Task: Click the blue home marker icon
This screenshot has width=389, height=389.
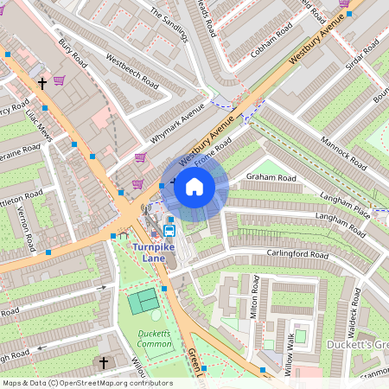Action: click(x=194, y=187)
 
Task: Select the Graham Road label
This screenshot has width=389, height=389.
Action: click(x=271, y=178)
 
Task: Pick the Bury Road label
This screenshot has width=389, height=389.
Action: click(x=73, y=55)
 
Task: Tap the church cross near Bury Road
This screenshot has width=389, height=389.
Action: click(x=41, y=83)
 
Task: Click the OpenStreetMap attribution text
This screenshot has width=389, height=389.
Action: click(x=86, y=383)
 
